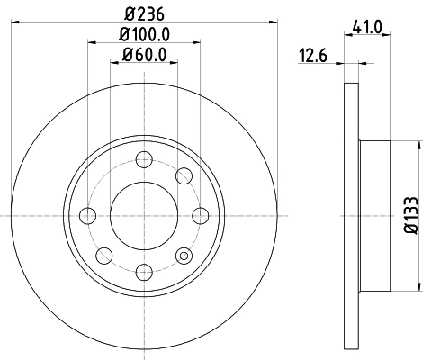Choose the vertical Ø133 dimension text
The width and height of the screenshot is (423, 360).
click(409, 215)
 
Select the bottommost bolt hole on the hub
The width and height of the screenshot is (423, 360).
click(143, 270)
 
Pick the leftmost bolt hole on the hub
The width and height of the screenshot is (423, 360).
click(88, 215)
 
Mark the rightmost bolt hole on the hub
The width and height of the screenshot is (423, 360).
click(198, 215)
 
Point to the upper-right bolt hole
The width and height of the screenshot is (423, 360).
click(184, 175)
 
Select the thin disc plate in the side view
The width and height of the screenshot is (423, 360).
click(351, 215)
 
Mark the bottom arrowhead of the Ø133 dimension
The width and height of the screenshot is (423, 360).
click(419, 286)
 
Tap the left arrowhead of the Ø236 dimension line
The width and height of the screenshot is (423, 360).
click(18, 24)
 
